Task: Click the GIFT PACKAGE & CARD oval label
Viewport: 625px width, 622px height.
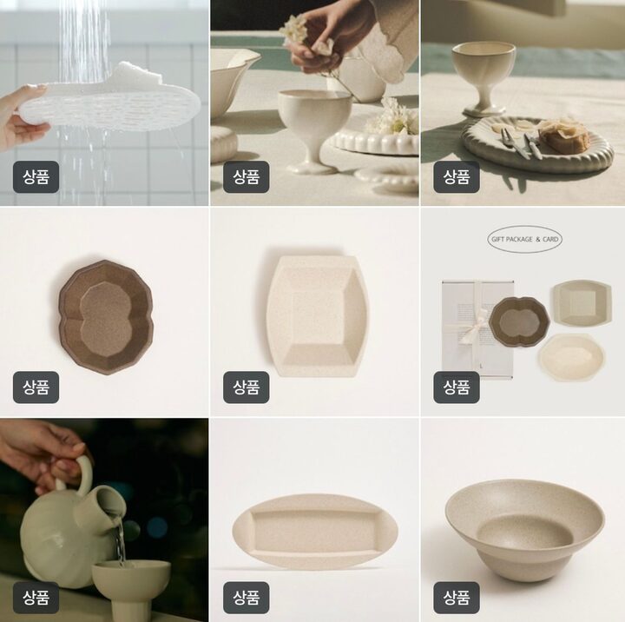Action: point(524,239)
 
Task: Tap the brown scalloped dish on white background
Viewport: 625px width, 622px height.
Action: point(106,317)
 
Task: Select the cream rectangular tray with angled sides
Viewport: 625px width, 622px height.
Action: point(318,315)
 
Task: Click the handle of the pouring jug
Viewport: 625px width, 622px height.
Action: point(82,476)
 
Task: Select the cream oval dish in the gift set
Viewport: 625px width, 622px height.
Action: point(571,357)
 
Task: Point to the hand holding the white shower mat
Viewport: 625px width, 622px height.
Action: point(21,119)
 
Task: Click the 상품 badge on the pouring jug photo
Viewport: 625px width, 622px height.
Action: point(36,598)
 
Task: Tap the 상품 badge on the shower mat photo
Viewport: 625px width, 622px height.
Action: point(36,176)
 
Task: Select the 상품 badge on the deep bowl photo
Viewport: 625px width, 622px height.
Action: point(457,598)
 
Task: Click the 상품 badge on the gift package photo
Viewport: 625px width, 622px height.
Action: point(457,387)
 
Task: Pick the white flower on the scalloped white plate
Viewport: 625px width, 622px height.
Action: point(391,117)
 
